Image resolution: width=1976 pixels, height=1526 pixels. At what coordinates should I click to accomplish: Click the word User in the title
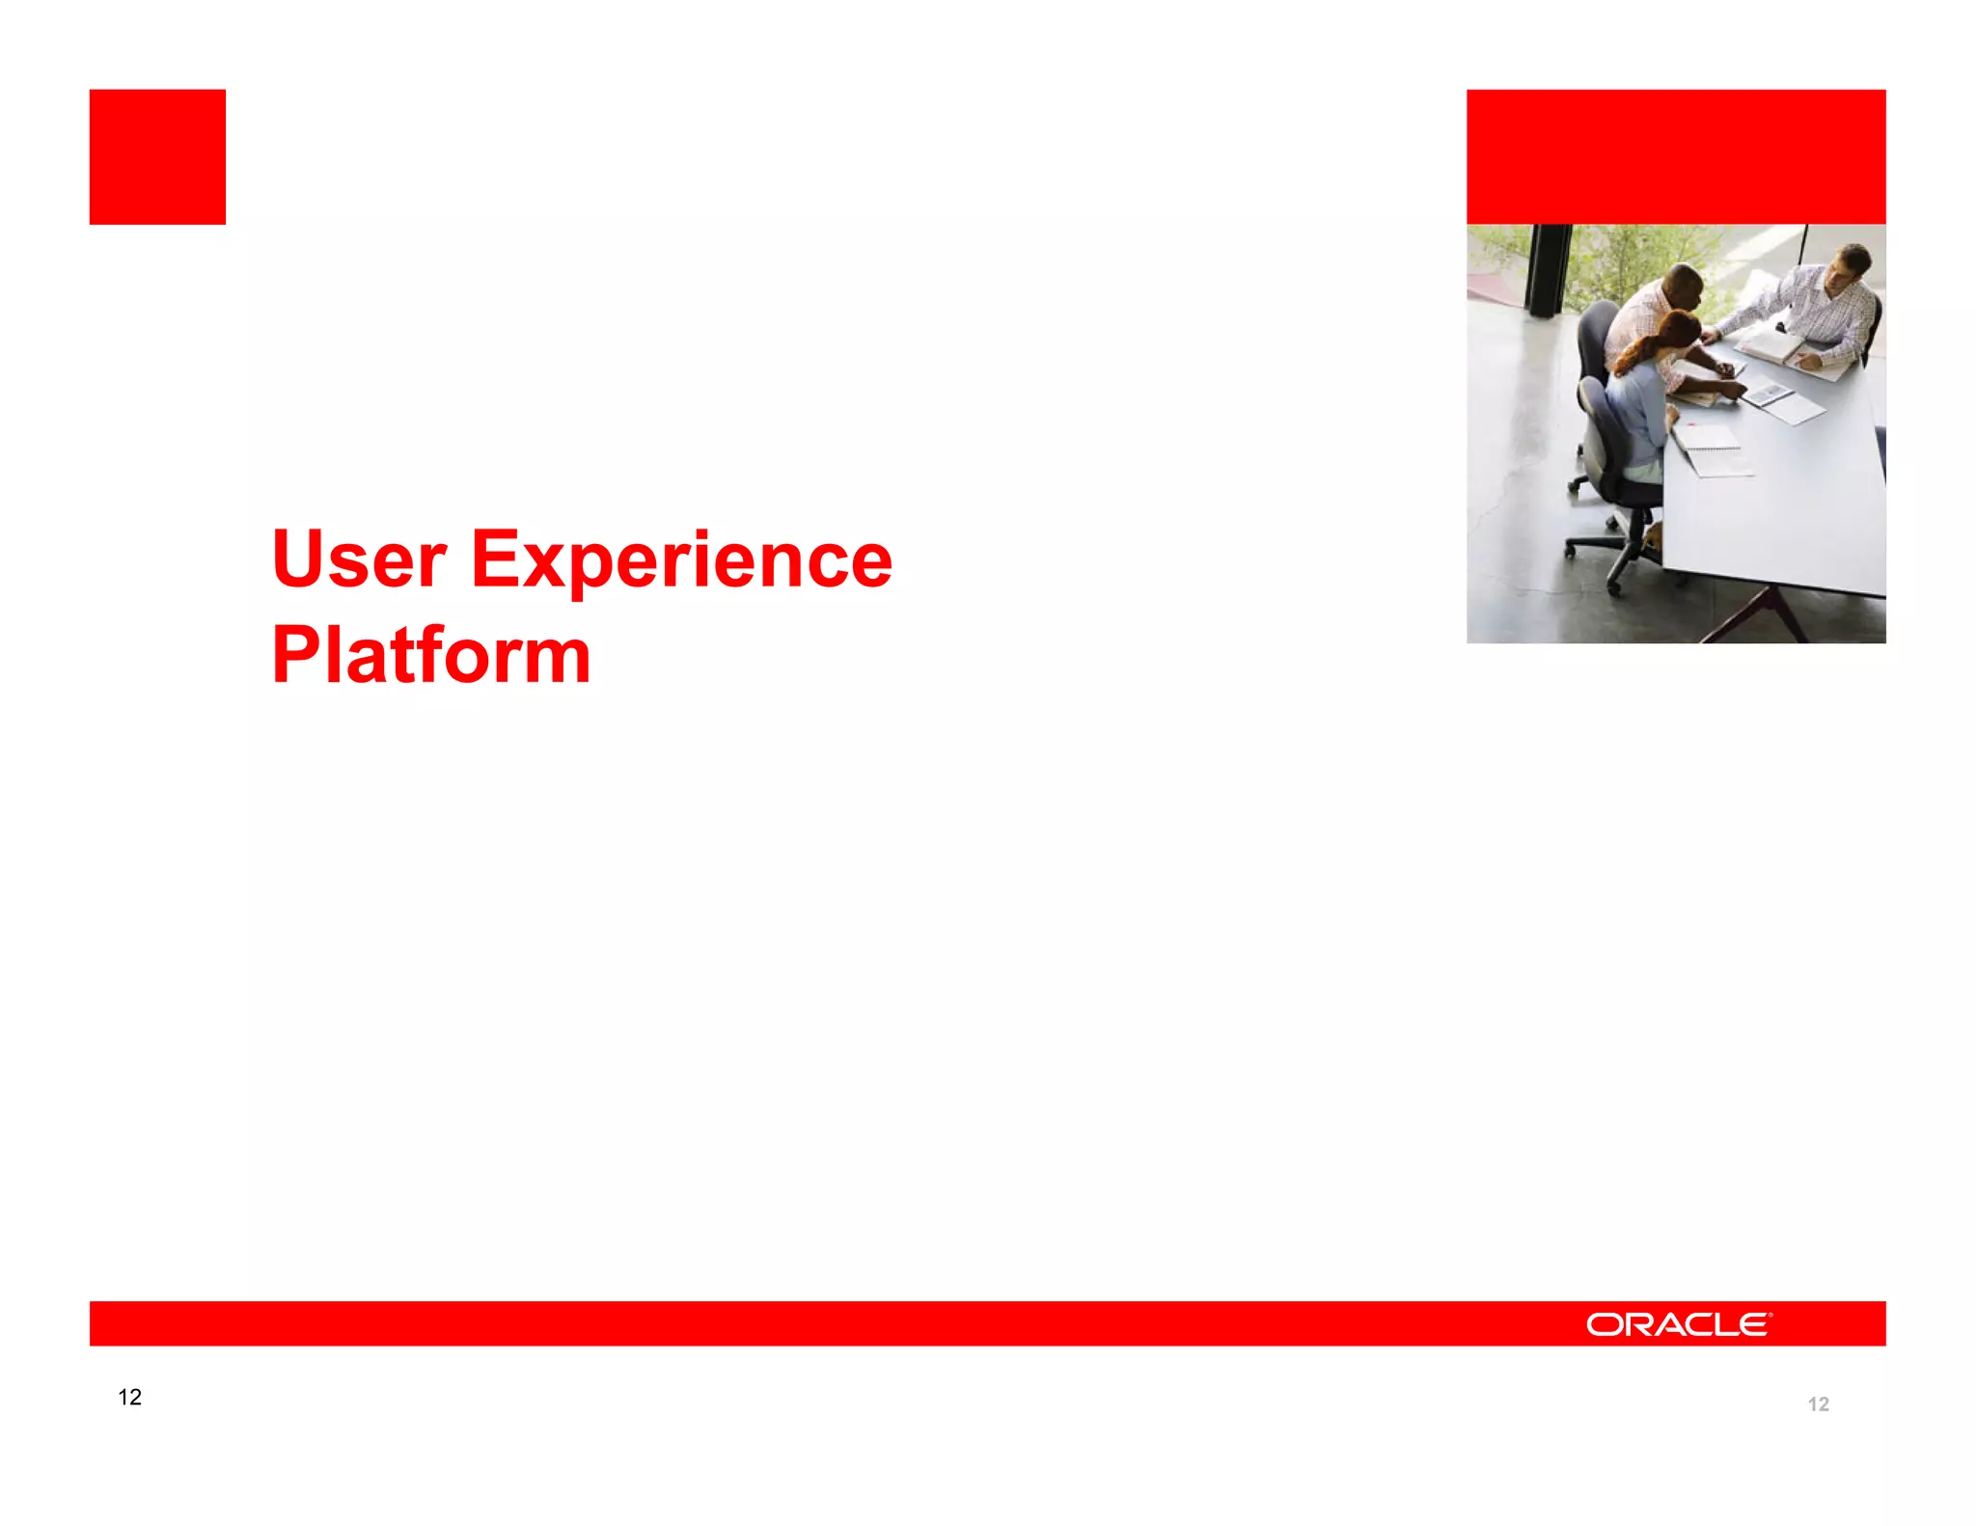(359, 559)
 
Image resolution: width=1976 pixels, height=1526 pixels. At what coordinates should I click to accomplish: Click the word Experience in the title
(681, 561)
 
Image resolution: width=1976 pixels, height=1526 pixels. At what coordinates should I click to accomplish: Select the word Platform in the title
(430, 655)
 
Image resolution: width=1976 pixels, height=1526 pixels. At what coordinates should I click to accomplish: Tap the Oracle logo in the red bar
(1678, 1324)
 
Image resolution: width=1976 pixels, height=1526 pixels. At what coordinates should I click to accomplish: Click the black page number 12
(129, 1397)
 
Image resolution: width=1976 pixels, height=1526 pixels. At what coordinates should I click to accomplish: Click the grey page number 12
(1818, 1404)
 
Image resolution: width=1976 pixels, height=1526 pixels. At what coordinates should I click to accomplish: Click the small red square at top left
(157, 157)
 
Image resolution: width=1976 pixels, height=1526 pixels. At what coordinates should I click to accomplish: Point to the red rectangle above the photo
(1676, 157)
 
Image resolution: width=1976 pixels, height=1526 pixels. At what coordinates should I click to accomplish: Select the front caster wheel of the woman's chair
(1615, 585)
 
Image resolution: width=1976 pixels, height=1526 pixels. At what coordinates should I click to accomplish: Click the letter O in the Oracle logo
(1605, 1325)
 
